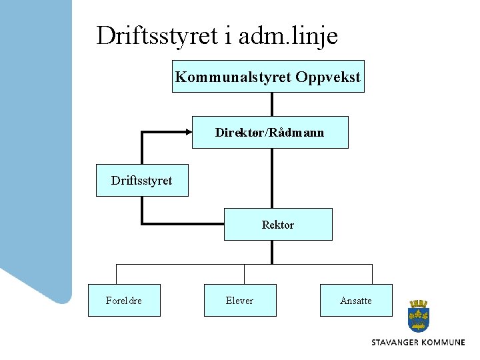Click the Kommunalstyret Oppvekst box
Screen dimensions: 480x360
coord(268,77)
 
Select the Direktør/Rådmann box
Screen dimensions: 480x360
coord(270,132)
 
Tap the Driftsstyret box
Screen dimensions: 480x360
coord(142,180)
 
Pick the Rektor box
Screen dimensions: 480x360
coord(277,224)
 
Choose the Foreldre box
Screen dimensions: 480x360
coord(125,300)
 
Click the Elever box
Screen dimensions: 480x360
coord(240,300)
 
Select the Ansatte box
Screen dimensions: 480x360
coord(356,300)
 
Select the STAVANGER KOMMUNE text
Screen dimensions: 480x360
coord(418,342)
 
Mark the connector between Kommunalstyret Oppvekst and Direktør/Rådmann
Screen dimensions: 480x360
coord(272,104)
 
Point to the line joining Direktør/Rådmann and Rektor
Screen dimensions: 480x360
coord(272,178)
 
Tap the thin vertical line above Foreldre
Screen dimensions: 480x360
coord(117,274)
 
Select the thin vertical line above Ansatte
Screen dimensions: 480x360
coord(371,274)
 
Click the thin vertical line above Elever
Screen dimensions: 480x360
coord(244,274)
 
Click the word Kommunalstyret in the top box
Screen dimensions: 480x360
coord(233,77)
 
